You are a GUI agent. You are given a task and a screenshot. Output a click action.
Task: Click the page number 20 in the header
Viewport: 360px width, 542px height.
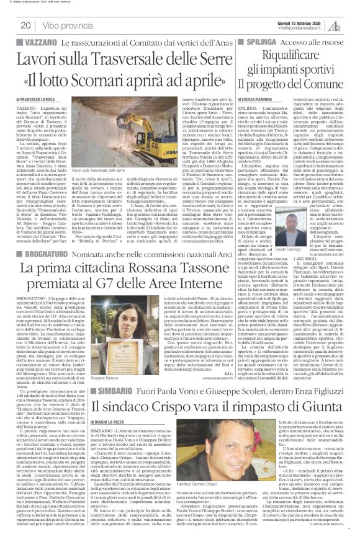point(25,25)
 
